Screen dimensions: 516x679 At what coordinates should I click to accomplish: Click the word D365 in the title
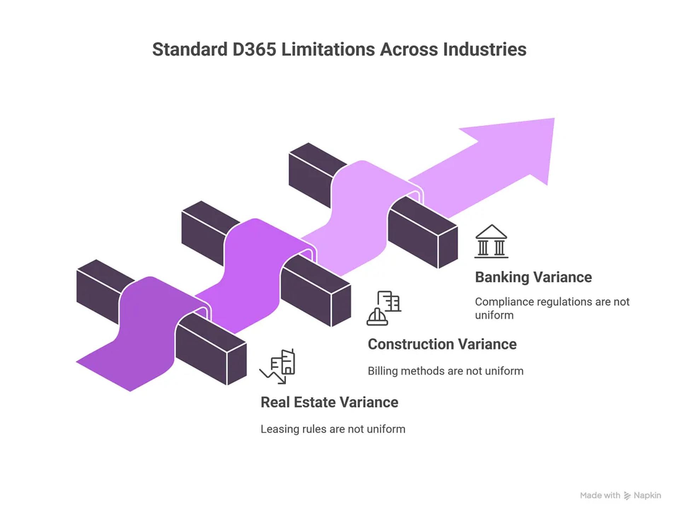pos(254,50)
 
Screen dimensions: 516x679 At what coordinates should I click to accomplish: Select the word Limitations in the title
pos(328,50)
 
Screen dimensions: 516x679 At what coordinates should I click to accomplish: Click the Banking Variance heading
pos(533,277)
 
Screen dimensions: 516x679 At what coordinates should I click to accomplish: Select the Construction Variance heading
pos(442,344)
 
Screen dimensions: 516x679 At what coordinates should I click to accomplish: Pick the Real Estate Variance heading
pos(329,402)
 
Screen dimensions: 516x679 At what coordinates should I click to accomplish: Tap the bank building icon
pos(491,241)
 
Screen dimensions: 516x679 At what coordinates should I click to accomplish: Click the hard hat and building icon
pos(384,308)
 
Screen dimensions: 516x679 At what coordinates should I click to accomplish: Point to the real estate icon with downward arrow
pos(278,367)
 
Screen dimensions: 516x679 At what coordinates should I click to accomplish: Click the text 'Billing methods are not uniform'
pos(445,371)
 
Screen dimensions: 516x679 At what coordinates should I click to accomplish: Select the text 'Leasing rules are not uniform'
pos(333,429)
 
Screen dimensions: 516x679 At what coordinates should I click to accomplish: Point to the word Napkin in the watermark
pos(647,495)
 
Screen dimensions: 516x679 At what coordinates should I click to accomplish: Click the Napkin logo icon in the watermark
pos(627,496)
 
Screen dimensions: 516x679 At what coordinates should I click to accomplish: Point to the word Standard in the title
pos(190,50)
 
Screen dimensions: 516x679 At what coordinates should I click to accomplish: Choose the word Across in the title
pos(408,50)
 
